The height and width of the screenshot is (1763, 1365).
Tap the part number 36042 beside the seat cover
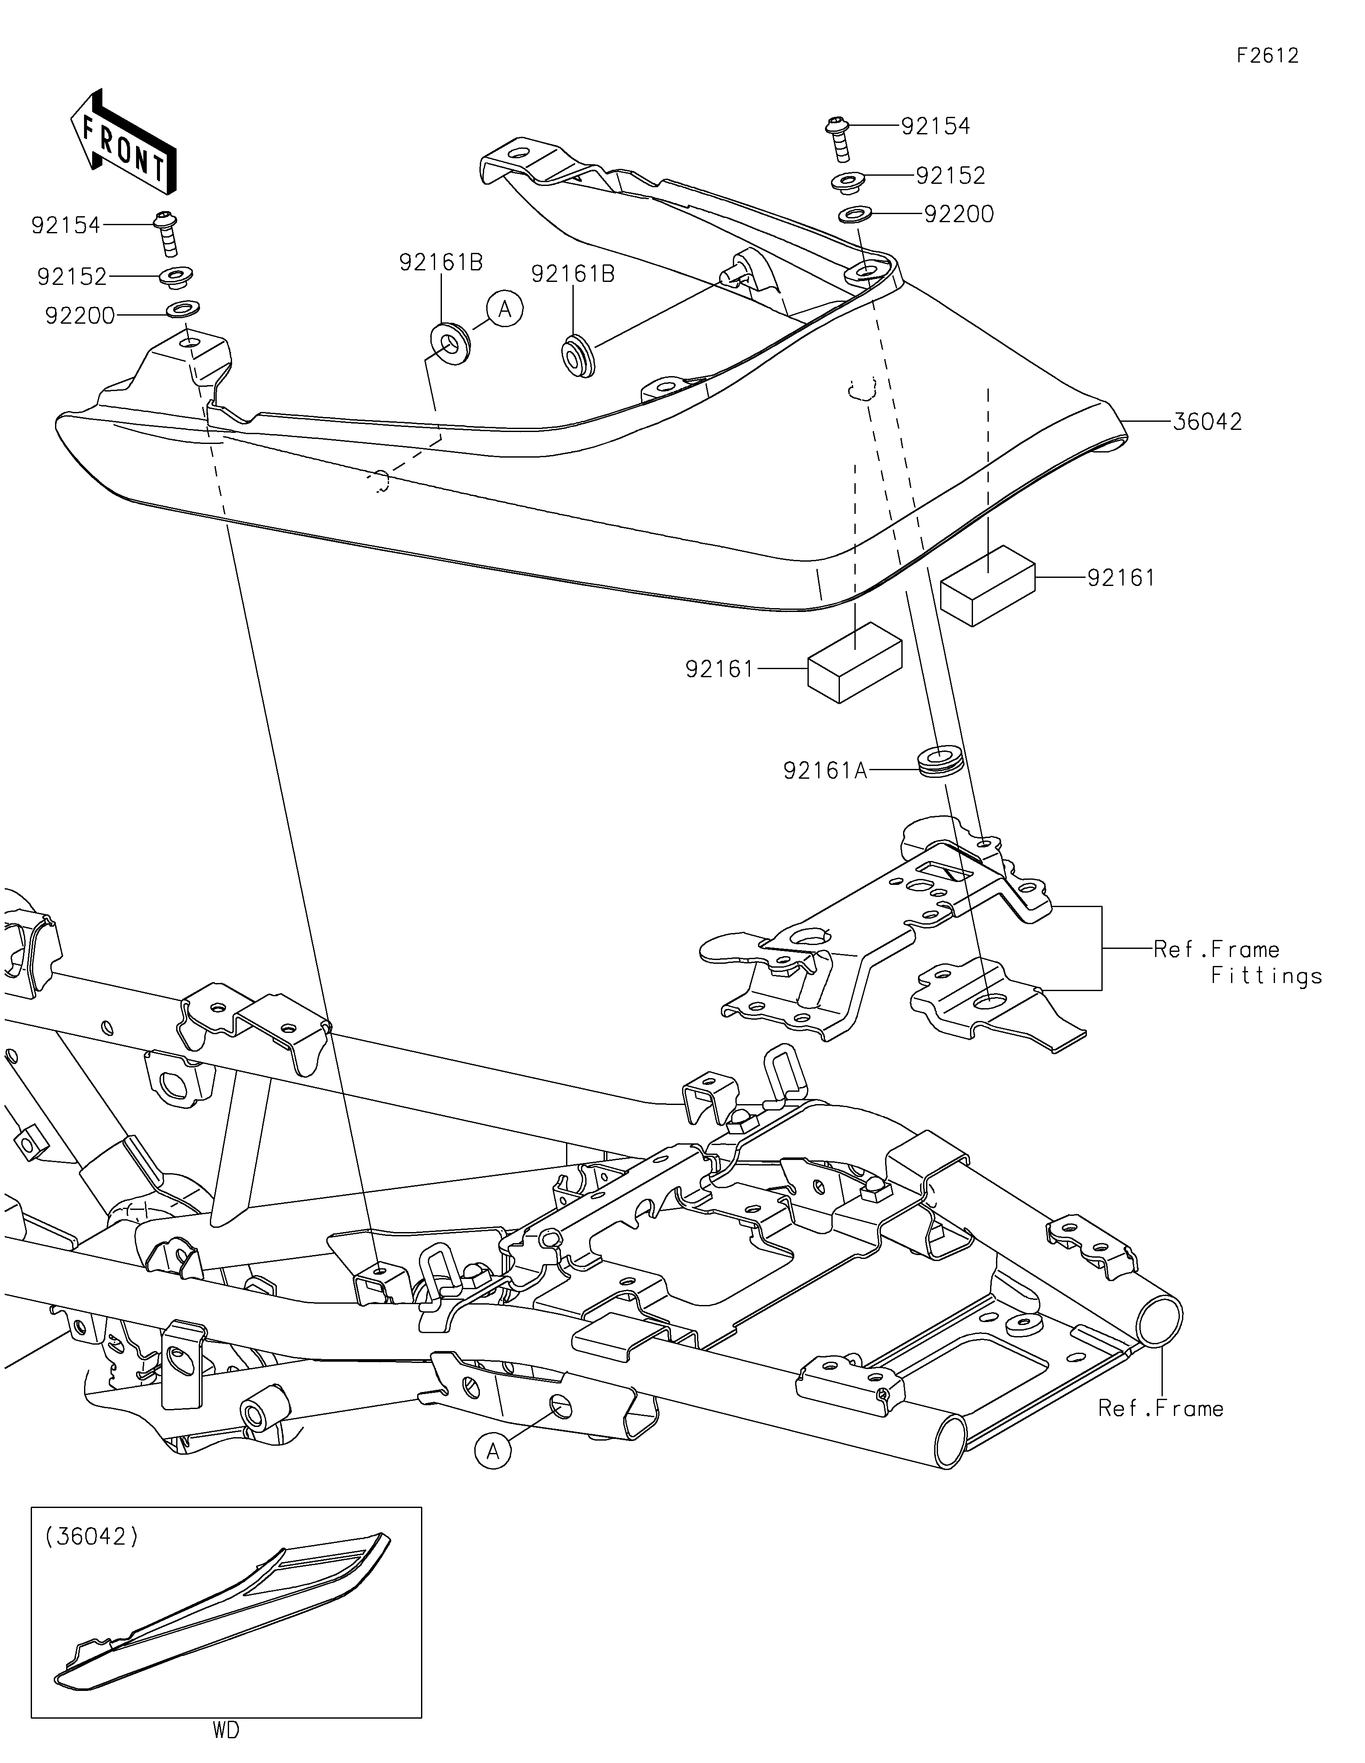[1207, 421]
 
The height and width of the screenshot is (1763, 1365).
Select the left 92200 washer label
[80, 316]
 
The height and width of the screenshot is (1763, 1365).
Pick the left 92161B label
[441, 262]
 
